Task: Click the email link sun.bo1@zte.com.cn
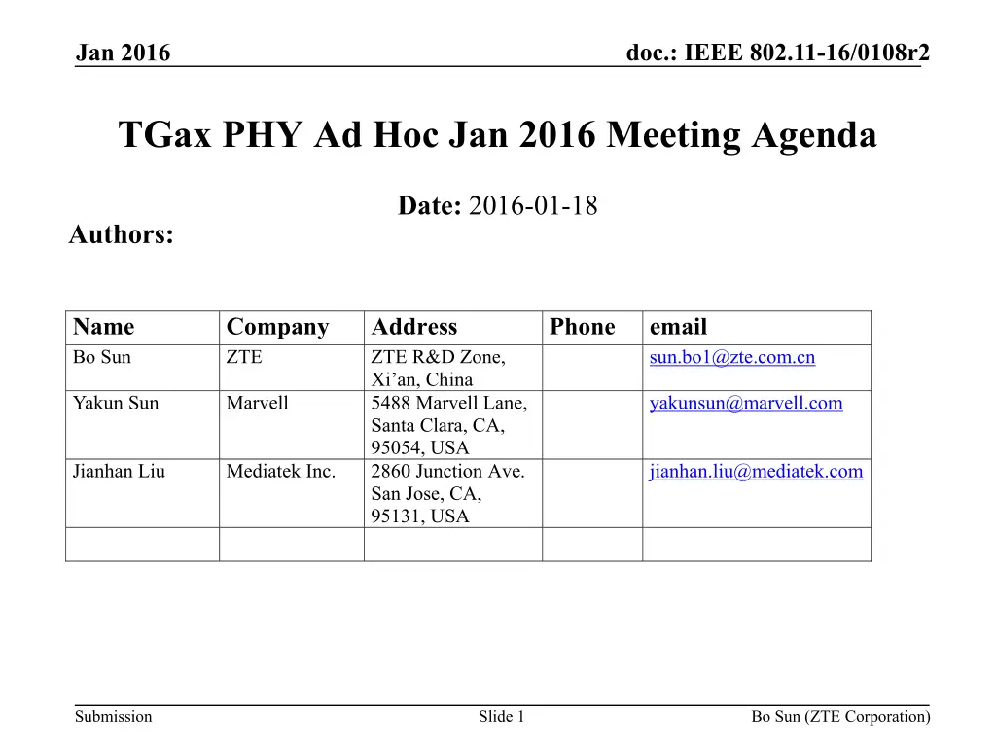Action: click(731, 358)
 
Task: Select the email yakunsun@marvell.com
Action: click(745, 404)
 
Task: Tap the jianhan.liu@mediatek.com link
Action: click(756, 472)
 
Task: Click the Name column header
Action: click(103, 327)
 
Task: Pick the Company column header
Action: click(277, 327)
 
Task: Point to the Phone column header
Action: click(582, 327)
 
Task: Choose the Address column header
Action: click(414, 327)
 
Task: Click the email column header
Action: click(678, 327)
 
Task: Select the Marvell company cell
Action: click(257, 404)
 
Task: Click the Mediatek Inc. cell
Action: click(280, 472)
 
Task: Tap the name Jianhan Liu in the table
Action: click(119, 472)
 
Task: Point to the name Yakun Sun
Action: click(115, 404)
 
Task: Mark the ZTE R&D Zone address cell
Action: click(438, 368)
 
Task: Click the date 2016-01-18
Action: click(532, 206)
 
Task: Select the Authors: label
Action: click(122, 234)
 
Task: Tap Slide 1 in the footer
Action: click(501, 717)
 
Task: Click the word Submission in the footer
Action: click(113, 717)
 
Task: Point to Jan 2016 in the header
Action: click(123, 53)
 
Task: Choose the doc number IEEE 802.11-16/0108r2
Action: click(806, 53)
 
